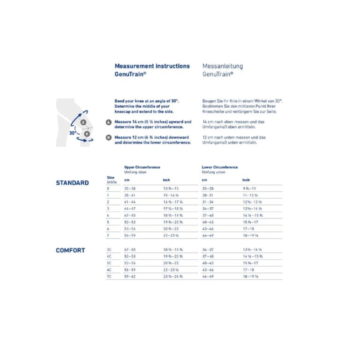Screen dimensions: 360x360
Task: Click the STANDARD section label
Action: pos(72,183)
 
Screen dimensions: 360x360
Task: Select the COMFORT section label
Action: pos(70,250)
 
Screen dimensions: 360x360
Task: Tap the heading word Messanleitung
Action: pos(223,67)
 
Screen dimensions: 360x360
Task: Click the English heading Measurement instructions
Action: pos(152,67)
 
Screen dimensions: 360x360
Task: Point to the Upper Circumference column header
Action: pos(142,167)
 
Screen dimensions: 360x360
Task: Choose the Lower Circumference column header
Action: pos(220,167)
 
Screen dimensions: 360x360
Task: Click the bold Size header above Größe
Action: pos(111,178)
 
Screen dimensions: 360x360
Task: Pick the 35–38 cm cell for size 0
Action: pos(130,188)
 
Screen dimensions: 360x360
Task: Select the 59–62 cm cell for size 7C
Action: pos(130,277)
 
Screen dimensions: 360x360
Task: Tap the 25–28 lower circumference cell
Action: pos(208,188)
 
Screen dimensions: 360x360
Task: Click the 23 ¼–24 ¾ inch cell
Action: pos(173,277)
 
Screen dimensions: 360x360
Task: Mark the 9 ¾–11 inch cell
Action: pos(250,188)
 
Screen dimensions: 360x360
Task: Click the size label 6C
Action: pos(109,270)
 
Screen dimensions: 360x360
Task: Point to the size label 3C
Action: pos(109,250)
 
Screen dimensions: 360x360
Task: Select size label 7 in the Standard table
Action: pos(108,234)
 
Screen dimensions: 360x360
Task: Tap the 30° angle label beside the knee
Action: pos(73,133)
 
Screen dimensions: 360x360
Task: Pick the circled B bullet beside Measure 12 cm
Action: pos(109,137)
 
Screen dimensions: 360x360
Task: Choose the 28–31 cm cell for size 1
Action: pos(208,195)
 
